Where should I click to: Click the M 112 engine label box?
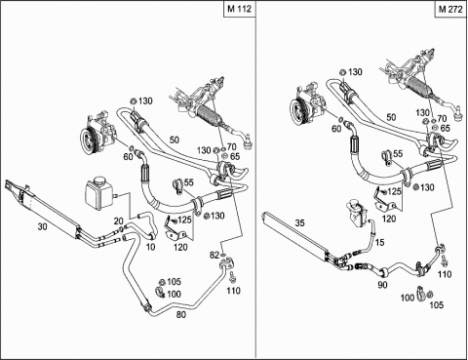click(x=240, y=9)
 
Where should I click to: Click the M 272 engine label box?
click(x=450, y=9)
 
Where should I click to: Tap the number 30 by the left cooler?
click(x=42, y=226)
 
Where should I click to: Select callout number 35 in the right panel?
click(x=300, y=223)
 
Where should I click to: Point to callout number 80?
click(x=181, y=314)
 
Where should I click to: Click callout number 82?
click(x=214, y=256)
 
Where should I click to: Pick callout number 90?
click(x=382, y=285)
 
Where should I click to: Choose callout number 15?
click(x=379, y=242)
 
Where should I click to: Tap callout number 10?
click(x=150, y=247)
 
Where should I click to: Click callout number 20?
click(x=119, y=221)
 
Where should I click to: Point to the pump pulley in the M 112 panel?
click(x=87, y=141)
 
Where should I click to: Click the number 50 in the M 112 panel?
click(x=175, y=140)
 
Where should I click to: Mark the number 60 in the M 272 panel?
click(x=336, y=129)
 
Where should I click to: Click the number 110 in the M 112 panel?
click(x=233, y=291)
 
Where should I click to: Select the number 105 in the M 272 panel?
click(x=437, y=304)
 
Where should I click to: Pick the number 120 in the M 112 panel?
click(x=180, y=247)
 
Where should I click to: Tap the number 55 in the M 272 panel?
click(x=398, y=153)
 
